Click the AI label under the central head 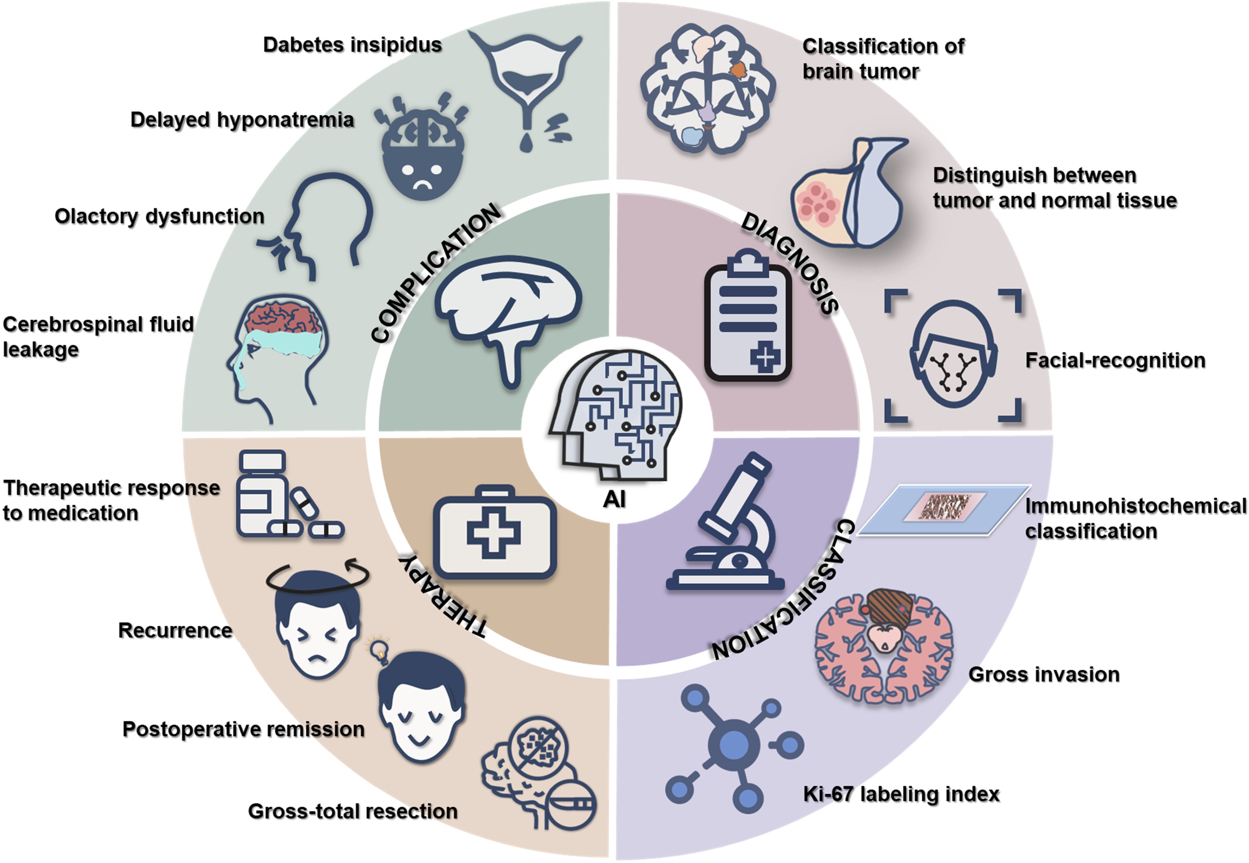pyautogui.click(x=614, y=499)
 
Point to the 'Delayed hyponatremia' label pyautogui.click(x=242, y=119)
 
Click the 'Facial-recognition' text pyautogui.click(x=1115, y=360)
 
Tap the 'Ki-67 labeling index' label pyautogui.click(x=901, y=794)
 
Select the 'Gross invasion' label pyautogui.click(x=1043, y=674)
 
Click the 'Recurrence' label pyautogui.click(x=175, y=630)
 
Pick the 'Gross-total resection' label pyautogui.click(x=352, y=811)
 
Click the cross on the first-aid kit pyautogui.click(x=494, y=533)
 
